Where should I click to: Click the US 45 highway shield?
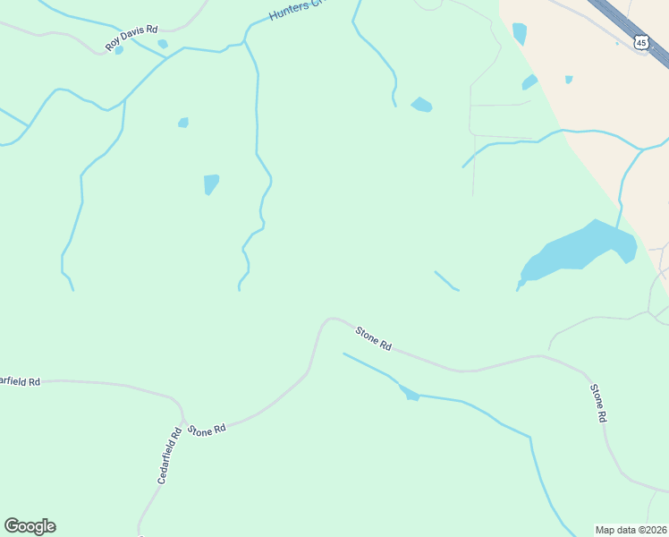[x=639, y=42]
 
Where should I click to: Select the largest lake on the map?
[x=581, y=248]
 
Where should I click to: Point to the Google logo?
[x=30, y=525]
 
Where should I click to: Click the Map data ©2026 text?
[x=631, y=529]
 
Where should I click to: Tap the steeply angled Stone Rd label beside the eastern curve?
[x=598, y=403]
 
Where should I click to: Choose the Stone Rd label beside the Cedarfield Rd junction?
[x=207, y=430]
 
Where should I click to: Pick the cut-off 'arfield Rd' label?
[x=20, y=381]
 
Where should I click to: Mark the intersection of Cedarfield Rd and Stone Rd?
[x=182, y=420]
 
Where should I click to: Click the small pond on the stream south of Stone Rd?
[x=410, y=393]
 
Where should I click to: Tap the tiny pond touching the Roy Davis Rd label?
[x=119, y=50]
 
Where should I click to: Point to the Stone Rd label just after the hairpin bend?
[x=373, y=338]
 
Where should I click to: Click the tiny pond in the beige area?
[x=569, y=80]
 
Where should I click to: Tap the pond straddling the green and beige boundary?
[x=530, y=82]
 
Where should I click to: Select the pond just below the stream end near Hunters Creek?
[x=421, y=106]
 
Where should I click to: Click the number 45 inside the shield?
[x=639, y=43]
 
